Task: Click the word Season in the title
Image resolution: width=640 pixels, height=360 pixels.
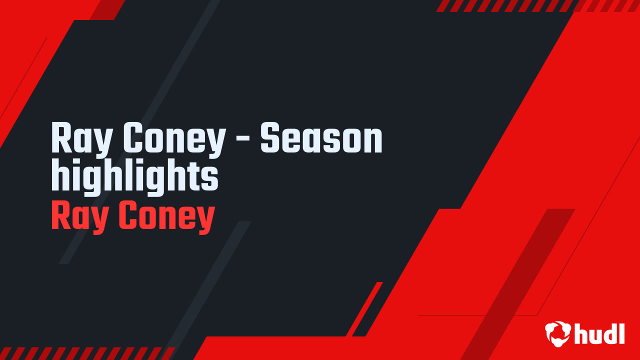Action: click(x=321, y=139)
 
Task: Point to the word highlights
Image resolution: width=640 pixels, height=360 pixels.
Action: click(x=135, y=178)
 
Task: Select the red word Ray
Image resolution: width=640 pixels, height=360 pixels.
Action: click(x=79, y=217)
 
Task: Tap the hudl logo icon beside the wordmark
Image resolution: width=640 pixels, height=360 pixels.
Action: click(x=558, y=332)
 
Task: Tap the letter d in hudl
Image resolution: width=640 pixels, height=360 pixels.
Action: click(x=609, y=333)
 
